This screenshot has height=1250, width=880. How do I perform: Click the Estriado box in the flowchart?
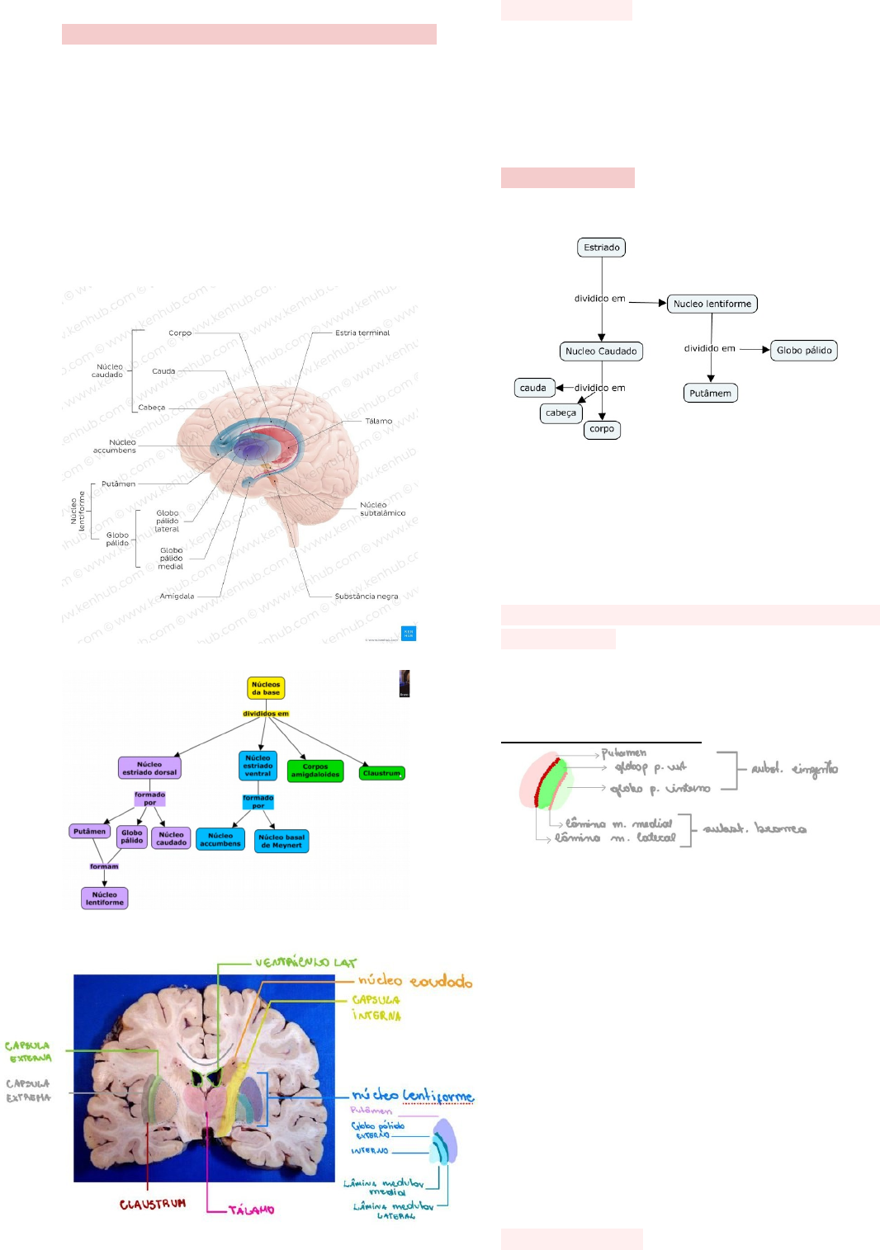click(601, 248)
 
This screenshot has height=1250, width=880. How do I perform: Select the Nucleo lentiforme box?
click(712, 304)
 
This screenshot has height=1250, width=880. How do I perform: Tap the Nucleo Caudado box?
click(601, 351)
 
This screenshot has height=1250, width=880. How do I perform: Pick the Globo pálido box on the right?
click(804, 351)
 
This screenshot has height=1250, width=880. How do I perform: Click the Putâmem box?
click(710, 394)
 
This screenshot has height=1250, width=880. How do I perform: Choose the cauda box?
click(533, 388)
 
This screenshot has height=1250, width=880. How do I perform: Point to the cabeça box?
click(561, 413)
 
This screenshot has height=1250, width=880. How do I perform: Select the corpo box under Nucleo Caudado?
click(602, 429)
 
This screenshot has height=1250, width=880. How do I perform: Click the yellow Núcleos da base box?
click(266, 688)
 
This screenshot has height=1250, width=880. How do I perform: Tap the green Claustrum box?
click(382, 773)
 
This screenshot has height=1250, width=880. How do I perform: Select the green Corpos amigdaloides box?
click(315, 771)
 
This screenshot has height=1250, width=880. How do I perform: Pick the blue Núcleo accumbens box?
click(220, 840)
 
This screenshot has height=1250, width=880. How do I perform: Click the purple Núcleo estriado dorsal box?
click(149, 768)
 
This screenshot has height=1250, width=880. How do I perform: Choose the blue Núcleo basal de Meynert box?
click(282, 842)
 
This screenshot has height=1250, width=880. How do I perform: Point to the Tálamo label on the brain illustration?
click(379, 421)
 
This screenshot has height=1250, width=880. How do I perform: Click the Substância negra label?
click(367, 596)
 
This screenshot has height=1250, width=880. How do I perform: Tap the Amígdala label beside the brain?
click(177, 596)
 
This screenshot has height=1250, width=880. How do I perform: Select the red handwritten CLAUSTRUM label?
click(153, 1205)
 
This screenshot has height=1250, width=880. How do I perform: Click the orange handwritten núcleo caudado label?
click(415, 981)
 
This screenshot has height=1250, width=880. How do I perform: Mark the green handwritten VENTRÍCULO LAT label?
click(305, 962)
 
